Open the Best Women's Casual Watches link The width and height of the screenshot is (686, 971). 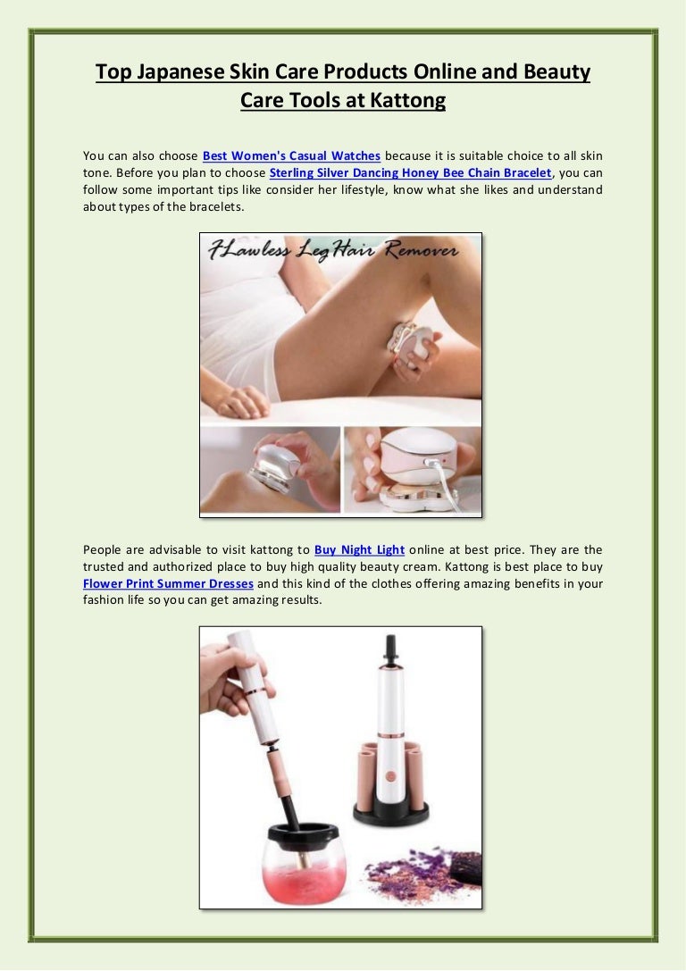point(291,155)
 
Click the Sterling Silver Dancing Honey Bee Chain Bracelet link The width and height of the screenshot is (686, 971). point(410,172)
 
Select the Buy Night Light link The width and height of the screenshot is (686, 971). point(360,549)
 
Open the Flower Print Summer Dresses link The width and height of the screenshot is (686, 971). point(169,583)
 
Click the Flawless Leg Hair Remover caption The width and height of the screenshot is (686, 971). point(333,250)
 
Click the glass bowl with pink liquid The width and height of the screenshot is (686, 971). point(304,864)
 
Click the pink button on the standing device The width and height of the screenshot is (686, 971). point(390,775)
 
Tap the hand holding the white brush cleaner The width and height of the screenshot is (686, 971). point(228,676)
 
